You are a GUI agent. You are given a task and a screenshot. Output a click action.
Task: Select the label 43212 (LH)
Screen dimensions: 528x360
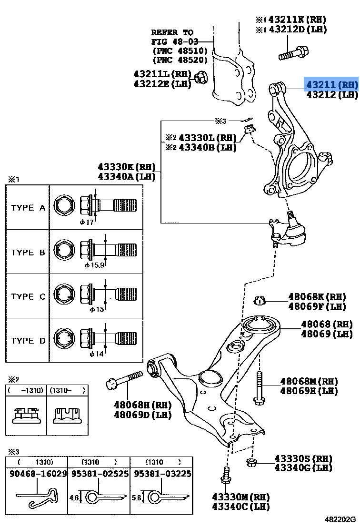click(331, 94)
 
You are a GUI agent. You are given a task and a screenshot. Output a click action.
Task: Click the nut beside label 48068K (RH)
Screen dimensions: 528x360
click(260, 300)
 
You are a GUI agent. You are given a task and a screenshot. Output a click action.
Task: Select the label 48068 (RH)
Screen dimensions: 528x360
click(329, 324)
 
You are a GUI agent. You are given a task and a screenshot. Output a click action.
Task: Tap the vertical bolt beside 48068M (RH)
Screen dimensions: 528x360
click(259, 388)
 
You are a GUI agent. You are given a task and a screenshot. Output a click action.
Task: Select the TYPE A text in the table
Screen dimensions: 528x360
click(28, 208)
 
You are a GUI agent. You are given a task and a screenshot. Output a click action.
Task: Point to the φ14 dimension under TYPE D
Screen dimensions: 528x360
click(96, 354)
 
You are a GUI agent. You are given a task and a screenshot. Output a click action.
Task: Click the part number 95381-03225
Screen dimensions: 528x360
click(162, 475)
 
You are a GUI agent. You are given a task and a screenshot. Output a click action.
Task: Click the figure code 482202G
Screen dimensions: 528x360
click(341, 519)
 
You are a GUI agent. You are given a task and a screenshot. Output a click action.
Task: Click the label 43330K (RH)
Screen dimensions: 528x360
click(127, 167)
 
